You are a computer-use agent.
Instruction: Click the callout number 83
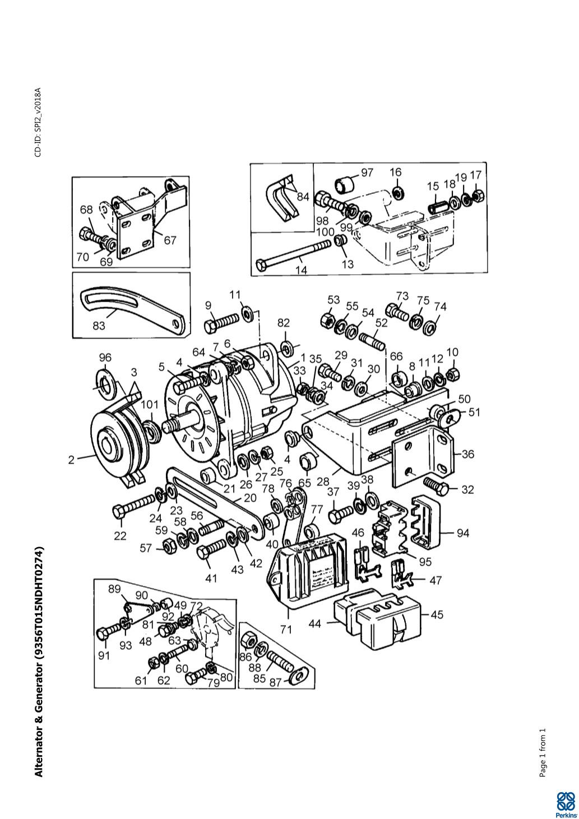click(x=99, y=325)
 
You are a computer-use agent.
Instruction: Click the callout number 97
click(x=367, y=173)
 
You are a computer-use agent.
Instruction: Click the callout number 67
click(x=170, y=240)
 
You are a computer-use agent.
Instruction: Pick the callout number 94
click(x=462, y=533)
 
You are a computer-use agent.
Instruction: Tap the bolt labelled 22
click(x=135, y=504)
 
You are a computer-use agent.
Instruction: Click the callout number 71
click(x=286, y=629)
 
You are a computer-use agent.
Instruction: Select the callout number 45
click(x=437, y=614)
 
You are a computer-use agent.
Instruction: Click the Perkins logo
click(x=567, y=805)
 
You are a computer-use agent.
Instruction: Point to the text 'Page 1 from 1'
click(x=543, y=753)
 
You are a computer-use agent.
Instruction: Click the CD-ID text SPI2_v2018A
click(x=38, y=122)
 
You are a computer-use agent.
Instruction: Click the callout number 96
click(x=105, y=358)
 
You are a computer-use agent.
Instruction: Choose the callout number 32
click(x=468, y=489)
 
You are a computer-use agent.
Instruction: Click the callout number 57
click(x=146, y=548)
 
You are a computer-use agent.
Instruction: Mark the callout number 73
click(x=402, y=295)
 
